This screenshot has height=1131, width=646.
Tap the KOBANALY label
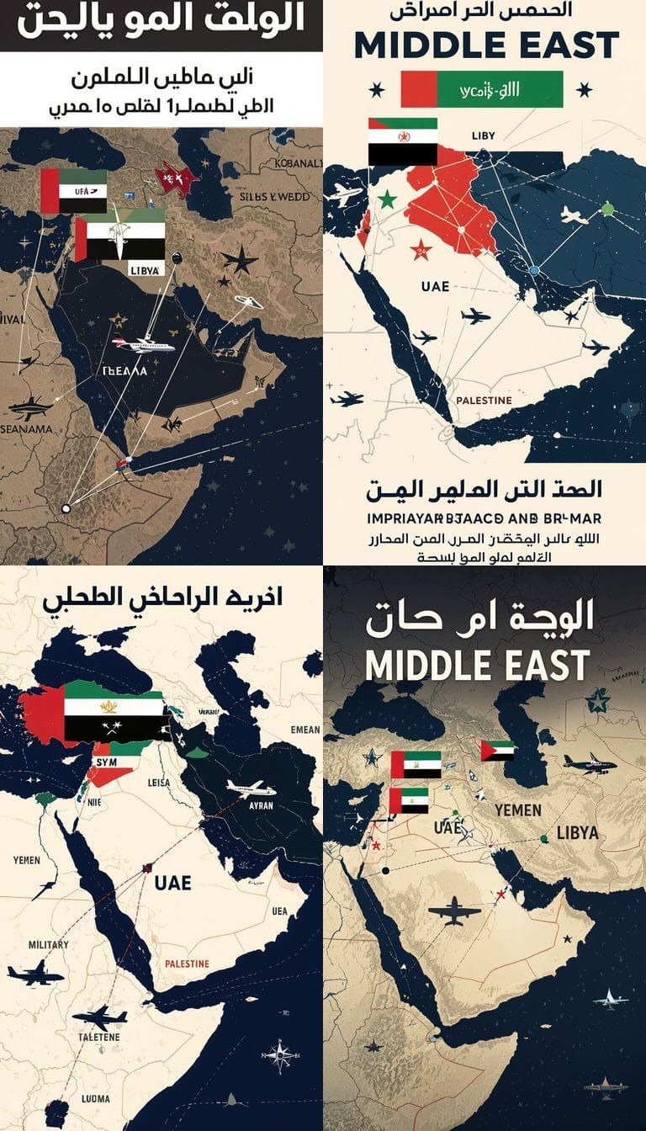tap(295, 163)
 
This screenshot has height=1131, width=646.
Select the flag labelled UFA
tap(74, 191)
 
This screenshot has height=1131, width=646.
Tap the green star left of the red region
tap(387, 199)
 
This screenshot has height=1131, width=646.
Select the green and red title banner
tap(482, 89)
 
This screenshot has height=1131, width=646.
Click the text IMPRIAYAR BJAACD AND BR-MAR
tap(484, 518)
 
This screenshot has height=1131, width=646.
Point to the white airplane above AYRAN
tap(251, 789)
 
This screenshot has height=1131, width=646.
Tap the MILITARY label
tap(48, 944)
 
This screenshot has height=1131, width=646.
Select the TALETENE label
tap(99, 1037)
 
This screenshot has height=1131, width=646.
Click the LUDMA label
tap(95, 1098)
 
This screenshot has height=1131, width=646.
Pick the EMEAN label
tap(304, 730)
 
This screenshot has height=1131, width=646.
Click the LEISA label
tap(158, 783)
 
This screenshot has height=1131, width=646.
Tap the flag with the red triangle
tap(497, 750)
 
